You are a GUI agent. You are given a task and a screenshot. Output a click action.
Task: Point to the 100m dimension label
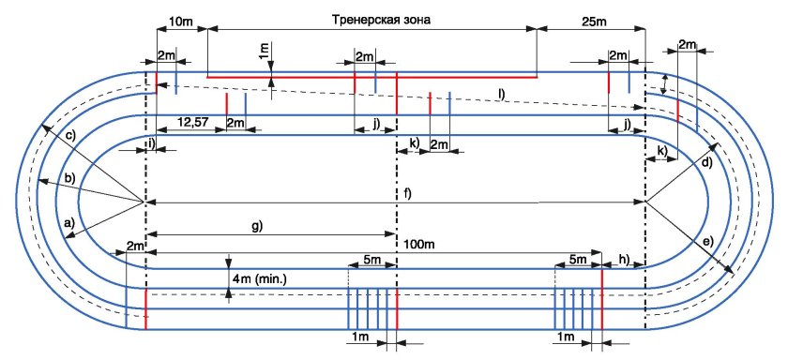pos(419,243)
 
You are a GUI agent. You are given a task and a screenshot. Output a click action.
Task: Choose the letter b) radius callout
pos(68,177)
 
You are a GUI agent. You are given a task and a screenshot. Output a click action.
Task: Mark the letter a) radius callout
pos(67,224)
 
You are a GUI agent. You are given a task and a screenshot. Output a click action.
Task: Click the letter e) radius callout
pos(706,241)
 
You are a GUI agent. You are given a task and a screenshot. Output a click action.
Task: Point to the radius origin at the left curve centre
pos(144,202)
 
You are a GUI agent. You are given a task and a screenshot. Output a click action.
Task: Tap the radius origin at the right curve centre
pos(645,202)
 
